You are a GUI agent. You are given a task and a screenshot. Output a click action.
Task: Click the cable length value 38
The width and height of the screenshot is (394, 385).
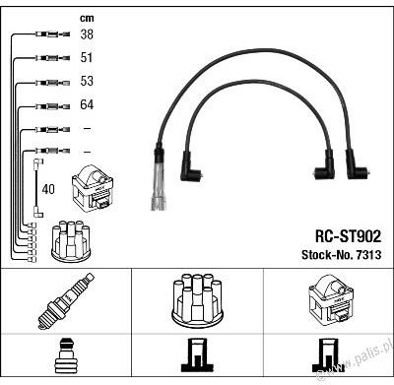87,34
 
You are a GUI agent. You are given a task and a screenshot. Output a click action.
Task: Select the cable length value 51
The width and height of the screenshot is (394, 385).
87,57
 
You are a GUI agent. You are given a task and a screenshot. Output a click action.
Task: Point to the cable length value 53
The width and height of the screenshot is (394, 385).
87,81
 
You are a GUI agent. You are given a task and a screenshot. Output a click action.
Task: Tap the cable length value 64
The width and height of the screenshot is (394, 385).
87,104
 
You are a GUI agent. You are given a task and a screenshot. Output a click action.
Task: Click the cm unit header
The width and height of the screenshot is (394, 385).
87,19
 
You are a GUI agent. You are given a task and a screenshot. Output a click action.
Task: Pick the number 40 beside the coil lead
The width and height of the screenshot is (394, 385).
48,189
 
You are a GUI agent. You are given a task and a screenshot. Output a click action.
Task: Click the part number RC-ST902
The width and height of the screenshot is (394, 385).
348,236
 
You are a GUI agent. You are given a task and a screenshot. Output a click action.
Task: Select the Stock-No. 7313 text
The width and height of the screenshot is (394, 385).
342,255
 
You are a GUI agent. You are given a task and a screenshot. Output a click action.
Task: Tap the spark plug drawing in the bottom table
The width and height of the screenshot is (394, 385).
66,301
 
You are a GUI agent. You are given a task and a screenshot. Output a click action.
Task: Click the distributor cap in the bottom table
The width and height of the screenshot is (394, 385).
197,299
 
